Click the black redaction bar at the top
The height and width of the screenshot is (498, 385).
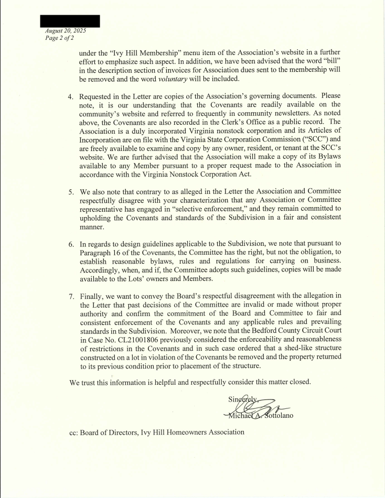tap(70, 21)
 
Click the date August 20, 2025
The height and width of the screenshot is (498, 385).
tap(66, 31)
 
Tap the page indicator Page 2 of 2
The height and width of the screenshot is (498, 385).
tap(59, 38)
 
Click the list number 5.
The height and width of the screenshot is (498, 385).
tap(71, 192)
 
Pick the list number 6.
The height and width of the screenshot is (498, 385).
tap(71, 244)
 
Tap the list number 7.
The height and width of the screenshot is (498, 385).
tap(71, 296)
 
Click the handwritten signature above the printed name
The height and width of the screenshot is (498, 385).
tap(257, 406)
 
